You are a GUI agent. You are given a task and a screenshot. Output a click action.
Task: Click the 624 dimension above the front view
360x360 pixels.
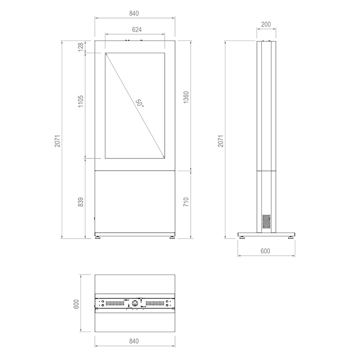[x=135, y=29]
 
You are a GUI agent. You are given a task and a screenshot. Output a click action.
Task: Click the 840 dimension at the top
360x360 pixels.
[x=135, y=13]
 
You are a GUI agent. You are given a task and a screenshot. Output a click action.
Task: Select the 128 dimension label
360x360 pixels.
[x=81, y=47]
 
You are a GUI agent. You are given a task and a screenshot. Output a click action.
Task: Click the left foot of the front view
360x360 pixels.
[x=98, y=236]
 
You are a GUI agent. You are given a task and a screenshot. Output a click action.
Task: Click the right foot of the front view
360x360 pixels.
[x=171, y=236]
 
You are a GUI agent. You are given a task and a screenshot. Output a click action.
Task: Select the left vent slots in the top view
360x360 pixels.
[x=116, y=303]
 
